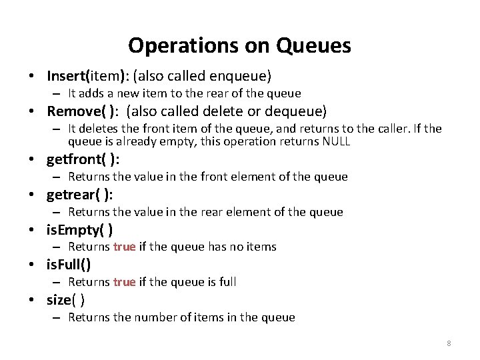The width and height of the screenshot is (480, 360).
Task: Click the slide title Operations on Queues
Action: [x=239, y=45]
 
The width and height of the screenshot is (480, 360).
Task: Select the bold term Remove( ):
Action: [x=83, y=111]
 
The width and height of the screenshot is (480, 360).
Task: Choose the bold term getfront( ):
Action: [x=83, y=159]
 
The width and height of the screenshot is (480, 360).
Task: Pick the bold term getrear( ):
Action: [x=80, y=195]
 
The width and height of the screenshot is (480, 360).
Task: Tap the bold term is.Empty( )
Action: [x=79, y=230]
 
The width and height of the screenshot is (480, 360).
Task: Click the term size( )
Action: [x=65, y=300]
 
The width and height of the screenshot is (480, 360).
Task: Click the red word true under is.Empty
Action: [x=125, y=247]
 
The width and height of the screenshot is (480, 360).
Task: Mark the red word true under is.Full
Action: [x=125, y=282]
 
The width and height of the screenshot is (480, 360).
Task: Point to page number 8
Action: [x=449, y=343]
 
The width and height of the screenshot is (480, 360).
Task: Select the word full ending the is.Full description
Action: [x=227, y=282]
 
